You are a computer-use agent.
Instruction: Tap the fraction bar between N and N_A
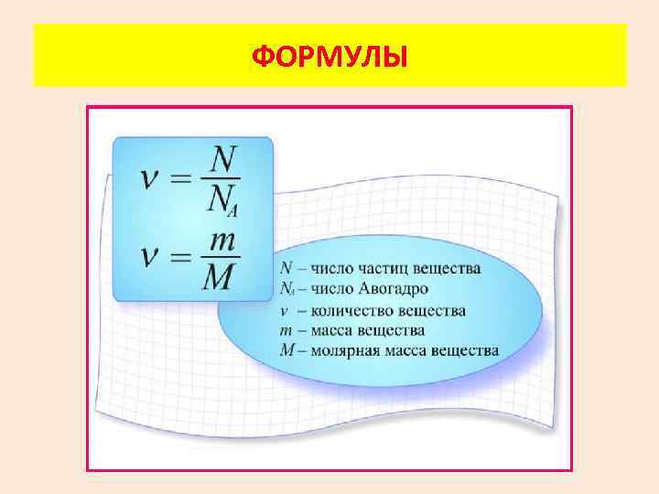tap(221, 179)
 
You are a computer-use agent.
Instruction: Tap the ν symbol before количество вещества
tap(285, 310)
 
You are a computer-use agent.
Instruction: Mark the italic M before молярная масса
tap(286, 349)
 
